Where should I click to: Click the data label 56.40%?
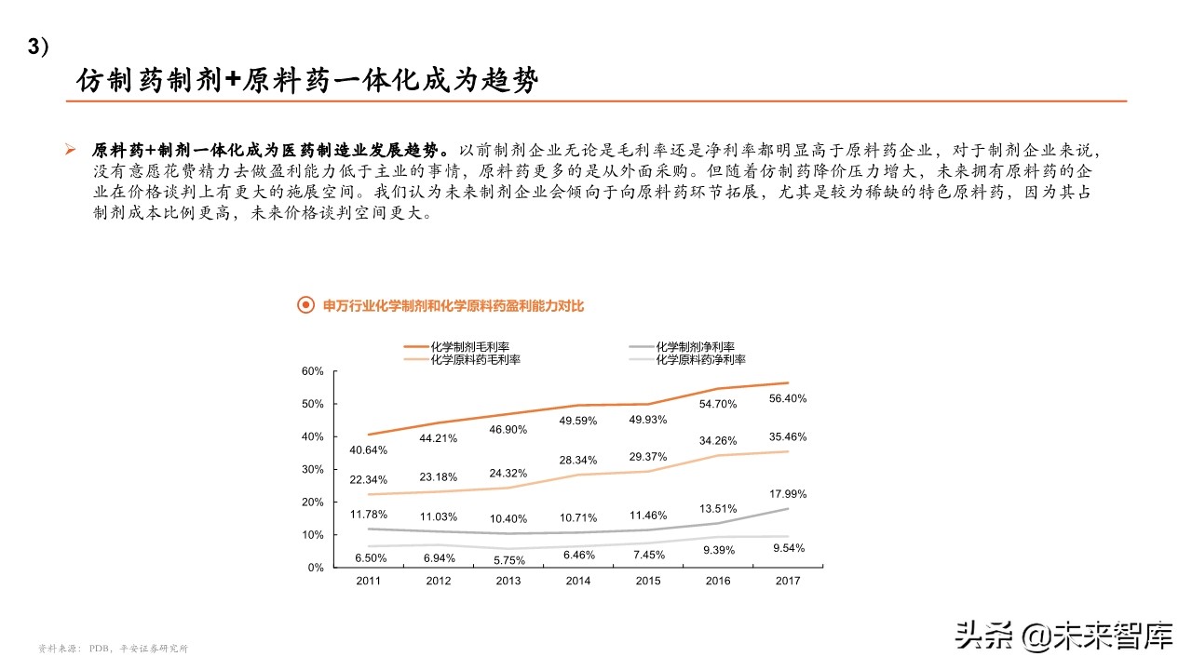click(x=787, y=398)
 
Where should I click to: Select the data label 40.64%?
click(x=368, y=450)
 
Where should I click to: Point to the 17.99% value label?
click(x=787, y=494)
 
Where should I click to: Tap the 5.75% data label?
click(x=508, y=560)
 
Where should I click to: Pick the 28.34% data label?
click(x=577, y=460)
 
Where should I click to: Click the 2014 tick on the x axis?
click(x=577, y=581)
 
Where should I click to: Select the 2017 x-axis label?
click(x=787, y=581)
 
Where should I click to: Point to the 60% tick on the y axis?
click(x=312, y=371)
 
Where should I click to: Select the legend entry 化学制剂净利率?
click(x=695, y=347)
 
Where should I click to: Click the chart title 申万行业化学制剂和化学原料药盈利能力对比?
click(x=453, y=305)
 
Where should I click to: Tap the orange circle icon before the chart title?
click(x=304, y=305)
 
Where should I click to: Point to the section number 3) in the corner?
click(x=39, y=48)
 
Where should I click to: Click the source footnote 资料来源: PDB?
click(x=112, y=649)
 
